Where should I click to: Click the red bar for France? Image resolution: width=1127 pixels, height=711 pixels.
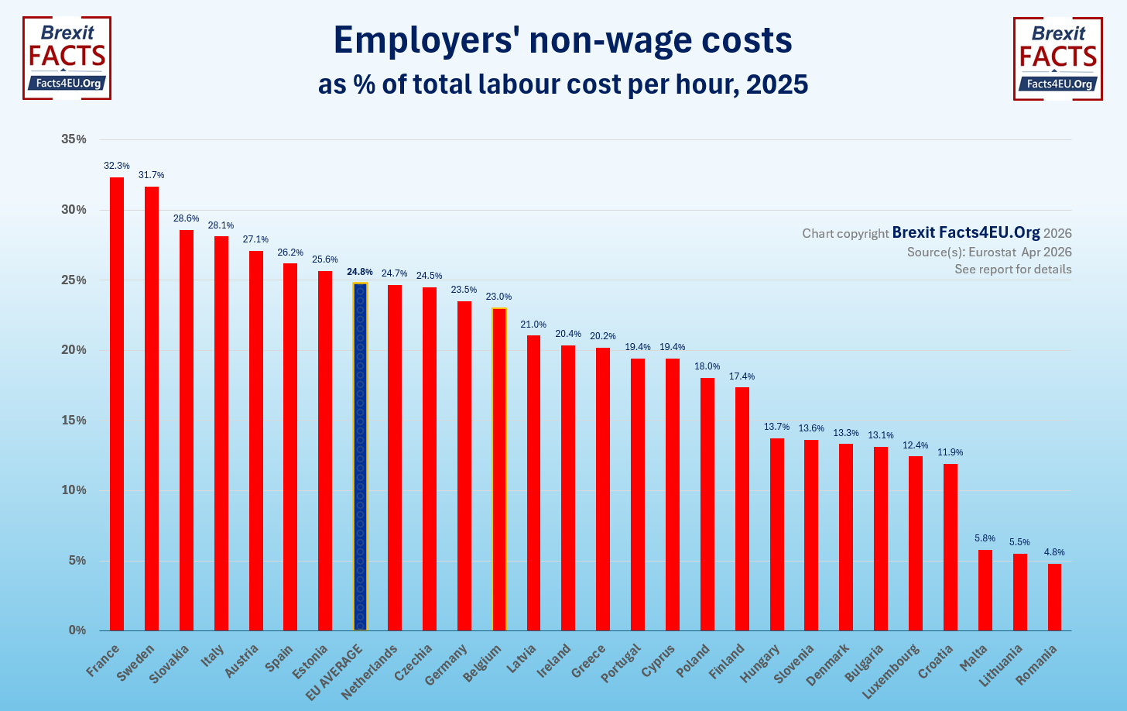click(117, 404)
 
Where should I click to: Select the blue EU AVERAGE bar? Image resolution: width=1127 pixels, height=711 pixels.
click(360, 456)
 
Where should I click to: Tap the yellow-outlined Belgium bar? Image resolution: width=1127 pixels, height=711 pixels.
click(499, 469)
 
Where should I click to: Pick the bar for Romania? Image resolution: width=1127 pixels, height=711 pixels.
click(1054, 596)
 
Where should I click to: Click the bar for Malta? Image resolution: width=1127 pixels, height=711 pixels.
click(985, 589)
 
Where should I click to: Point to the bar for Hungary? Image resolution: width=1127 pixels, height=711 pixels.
click(776, 534)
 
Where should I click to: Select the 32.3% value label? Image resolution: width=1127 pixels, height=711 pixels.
click(117, 166)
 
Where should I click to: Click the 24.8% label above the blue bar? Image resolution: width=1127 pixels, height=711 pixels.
click(360, 272)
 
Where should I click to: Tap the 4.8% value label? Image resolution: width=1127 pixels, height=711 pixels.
click(1054, 552)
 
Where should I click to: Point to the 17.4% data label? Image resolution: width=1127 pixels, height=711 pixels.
click(742, 376)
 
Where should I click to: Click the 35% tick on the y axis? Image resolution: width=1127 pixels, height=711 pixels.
click(74, 139)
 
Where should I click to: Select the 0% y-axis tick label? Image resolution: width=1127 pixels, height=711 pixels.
click(77, 630)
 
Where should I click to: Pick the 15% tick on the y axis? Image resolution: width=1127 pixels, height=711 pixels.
click(74, 421)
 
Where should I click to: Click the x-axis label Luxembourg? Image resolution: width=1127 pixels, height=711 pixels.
click(892, 671)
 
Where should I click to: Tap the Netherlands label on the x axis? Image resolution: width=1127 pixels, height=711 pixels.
click(371, 671)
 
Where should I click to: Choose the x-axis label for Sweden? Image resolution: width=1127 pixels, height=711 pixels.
click(137, 662)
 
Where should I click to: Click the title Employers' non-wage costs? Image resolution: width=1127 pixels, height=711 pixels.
click(563, 40)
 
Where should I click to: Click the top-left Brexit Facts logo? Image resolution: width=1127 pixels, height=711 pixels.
click(67, 58)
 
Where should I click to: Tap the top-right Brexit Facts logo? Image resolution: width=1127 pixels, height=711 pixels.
click(1057, 58)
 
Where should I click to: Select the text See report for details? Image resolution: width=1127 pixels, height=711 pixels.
click(1012, 270)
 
